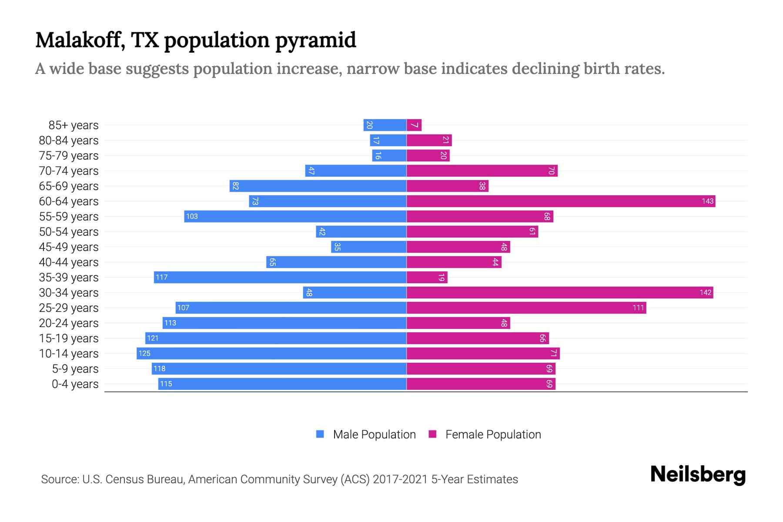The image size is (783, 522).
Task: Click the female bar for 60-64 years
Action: coord(561,201)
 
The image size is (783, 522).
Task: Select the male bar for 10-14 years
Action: coord(271,353)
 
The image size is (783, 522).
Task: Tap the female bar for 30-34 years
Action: coord(560,292)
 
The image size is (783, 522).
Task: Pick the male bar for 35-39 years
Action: coord(280,277)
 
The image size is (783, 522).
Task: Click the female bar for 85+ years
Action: coord(414,125)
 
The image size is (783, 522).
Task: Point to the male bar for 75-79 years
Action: coord(389,155)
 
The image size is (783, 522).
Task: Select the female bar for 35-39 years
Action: coord(427,277)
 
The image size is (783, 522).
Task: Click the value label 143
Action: coord(707,201)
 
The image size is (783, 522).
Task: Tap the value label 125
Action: coord(144,353)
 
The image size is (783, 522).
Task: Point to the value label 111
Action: coord(638,308)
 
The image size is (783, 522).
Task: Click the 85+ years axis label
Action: coord(74,125)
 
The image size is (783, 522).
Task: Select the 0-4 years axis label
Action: coord(75,384)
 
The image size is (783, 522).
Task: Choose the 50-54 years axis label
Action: coord(69,232)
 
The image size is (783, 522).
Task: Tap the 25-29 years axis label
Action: coord(69,308)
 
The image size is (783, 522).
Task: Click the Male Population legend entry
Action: coord(374,434)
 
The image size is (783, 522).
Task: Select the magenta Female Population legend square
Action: coord(432,434)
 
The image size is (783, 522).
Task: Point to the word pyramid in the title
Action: coord(316,40)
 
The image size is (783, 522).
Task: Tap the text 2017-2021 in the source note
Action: coord(400,479)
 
